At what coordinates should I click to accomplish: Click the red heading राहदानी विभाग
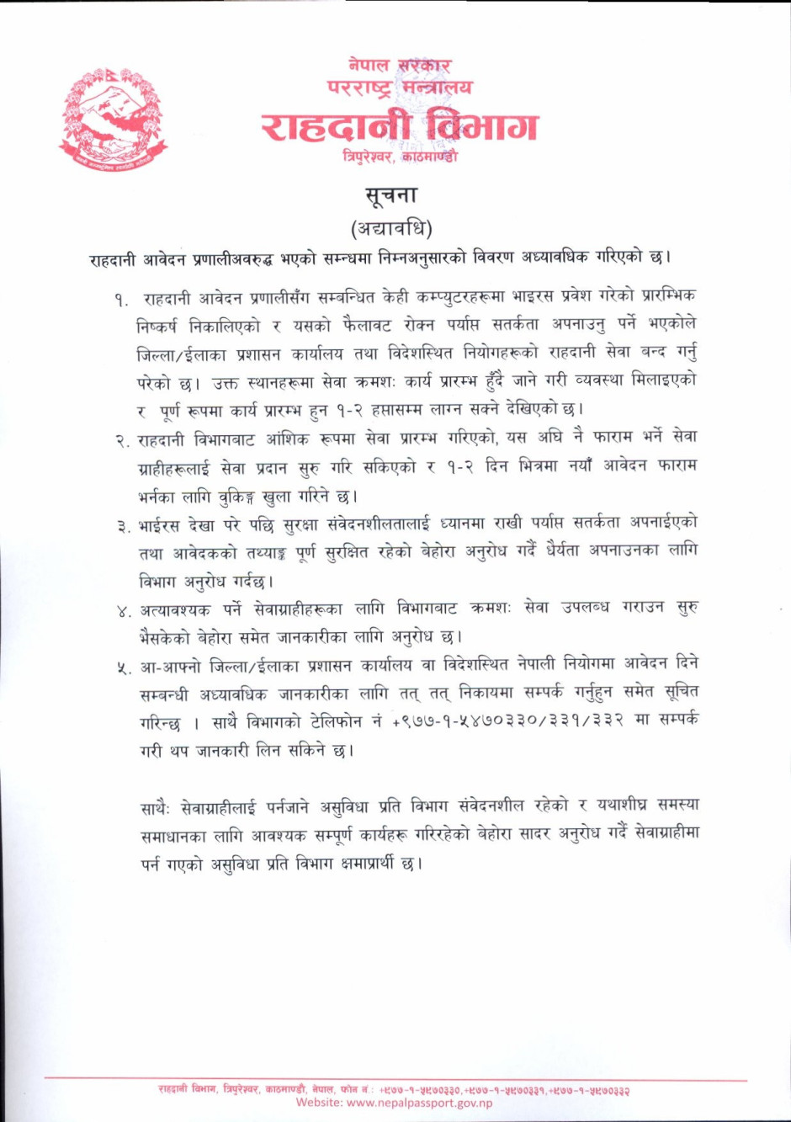point(398,125)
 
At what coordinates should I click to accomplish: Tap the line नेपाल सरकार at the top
point(400,66)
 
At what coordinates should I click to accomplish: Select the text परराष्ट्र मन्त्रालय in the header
point(400,87)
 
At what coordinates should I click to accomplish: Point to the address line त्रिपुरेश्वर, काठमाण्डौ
point(400,157)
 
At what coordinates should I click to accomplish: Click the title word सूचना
point(391,195)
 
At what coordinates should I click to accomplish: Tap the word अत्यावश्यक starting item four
point(175,609)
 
